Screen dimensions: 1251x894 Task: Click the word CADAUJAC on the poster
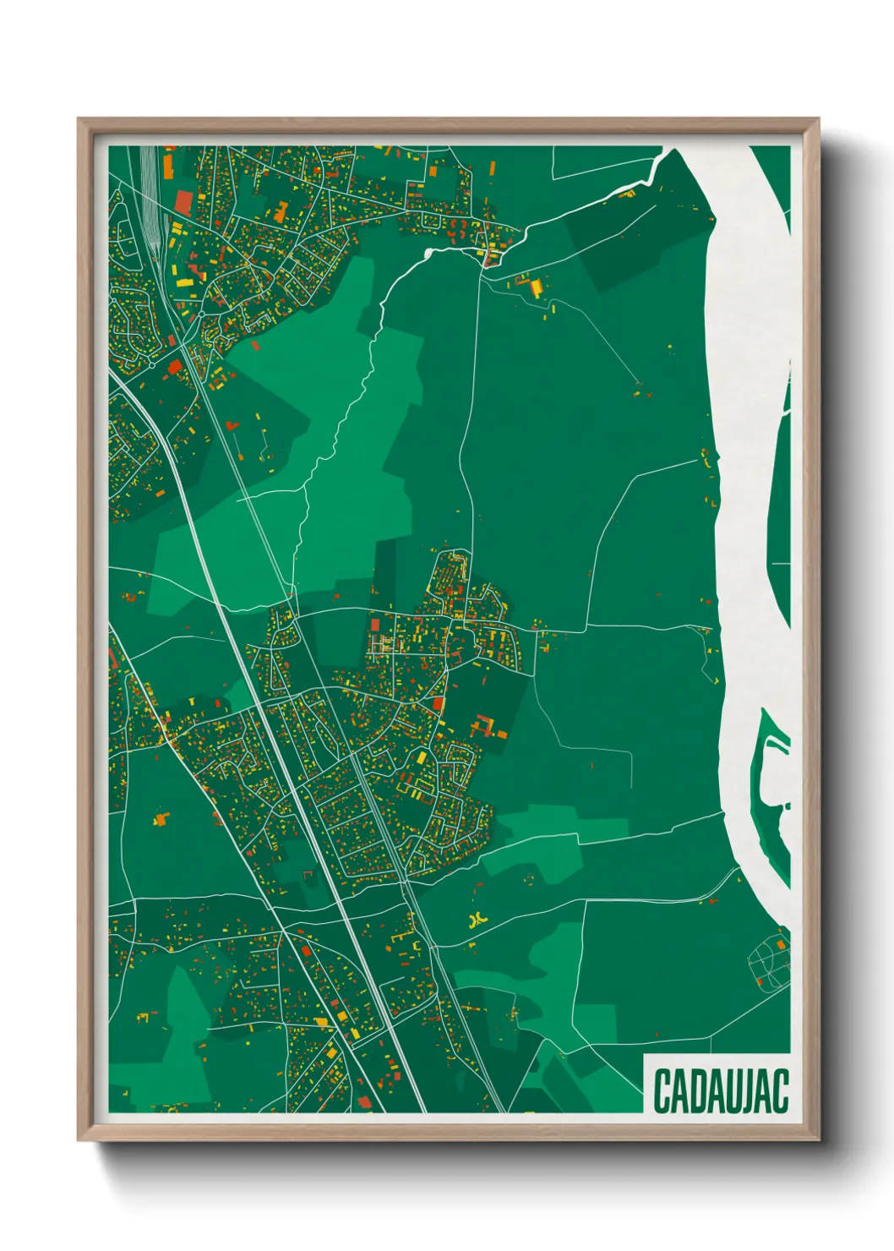[720, 1090]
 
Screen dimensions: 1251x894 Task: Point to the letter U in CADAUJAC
[737, 1090]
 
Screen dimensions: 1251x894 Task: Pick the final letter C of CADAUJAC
[782, 1090]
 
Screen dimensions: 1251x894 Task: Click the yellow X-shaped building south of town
[479, 919]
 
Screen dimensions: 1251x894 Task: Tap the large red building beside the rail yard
[183, 201]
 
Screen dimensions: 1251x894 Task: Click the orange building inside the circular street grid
[760, 981]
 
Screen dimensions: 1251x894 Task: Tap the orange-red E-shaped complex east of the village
[484, 726]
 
